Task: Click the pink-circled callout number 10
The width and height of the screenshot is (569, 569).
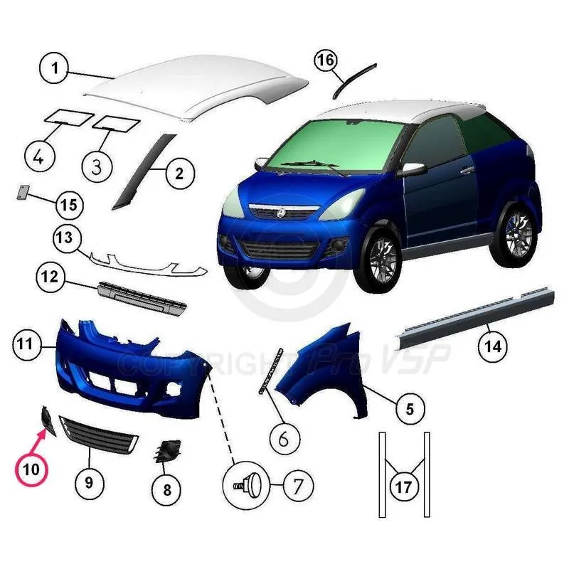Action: pos(31,469)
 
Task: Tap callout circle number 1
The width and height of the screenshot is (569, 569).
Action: pos(55,68)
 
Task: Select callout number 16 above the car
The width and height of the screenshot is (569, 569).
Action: pos(326,60)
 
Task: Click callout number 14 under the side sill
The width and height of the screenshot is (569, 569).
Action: pos(492,346)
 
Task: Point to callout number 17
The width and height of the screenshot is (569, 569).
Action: pos(404,487)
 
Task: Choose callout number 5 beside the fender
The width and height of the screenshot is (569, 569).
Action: pos(410,409)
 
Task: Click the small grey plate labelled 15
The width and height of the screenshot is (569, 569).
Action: pos(23,191)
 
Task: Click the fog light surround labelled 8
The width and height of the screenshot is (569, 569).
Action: pos(166,451)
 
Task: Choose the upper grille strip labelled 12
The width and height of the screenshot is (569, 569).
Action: pos(142,297)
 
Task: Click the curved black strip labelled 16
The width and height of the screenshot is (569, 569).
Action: pos(353,80)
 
